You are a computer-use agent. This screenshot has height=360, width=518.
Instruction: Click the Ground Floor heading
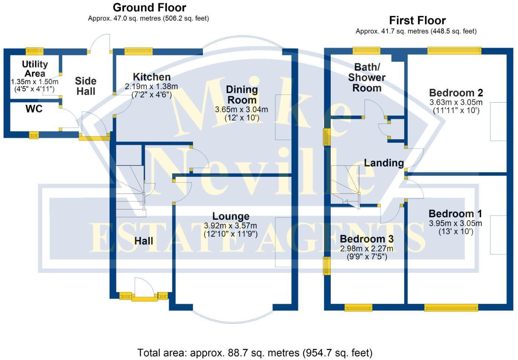(x=149, y=7)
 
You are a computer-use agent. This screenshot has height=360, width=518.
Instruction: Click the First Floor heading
(x=417, y=20)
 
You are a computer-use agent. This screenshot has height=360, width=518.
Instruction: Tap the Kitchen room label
(x=152, y=77)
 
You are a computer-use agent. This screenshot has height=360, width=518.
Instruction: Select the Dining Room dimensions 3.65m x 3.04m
(x=242, y=110)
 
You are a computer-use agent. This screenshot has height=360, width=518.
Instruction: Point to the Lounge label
(x=231, y=216)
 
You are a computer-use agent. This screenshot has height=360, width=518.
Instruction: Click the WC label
(x=34, y=109)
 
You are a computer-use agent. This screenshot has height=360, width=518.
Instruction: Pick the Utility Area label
(x=35, y=69)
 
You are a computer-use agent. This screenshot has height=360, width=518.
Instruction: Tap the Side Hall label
(x=85, y=86)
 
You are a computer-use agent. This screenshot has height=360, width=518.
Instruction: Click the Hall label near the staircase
(x=143, y=241)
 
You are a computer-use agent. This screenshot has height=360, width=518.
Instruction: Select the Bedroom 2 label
(x=456, y=93)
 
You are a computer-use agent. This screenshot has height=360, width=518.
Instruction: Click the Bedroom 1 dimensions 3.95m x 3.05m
(x=455, y=223)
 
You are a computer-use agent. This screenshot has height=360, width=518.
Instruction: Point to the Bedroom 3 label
(x=366, y=239)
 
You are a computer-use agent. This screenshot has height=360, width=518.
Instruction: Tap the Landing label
(x=383, y=163)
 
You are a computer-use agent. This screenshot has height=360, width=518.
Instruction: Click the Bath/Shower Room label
(x=367, y=78)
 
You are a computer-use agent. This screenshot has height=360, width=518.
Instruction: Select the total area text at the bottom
(x=255, y=353)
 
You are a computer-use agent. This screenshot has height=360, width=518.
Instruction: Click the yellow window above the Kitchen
(x=138, y=51)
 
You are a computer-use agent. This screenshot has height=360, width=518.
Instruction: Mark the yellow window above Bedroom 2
(x=454, y=51)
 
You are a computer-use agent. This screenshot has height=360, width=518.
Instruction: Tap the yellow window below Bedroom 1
(x=451, y=307)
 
